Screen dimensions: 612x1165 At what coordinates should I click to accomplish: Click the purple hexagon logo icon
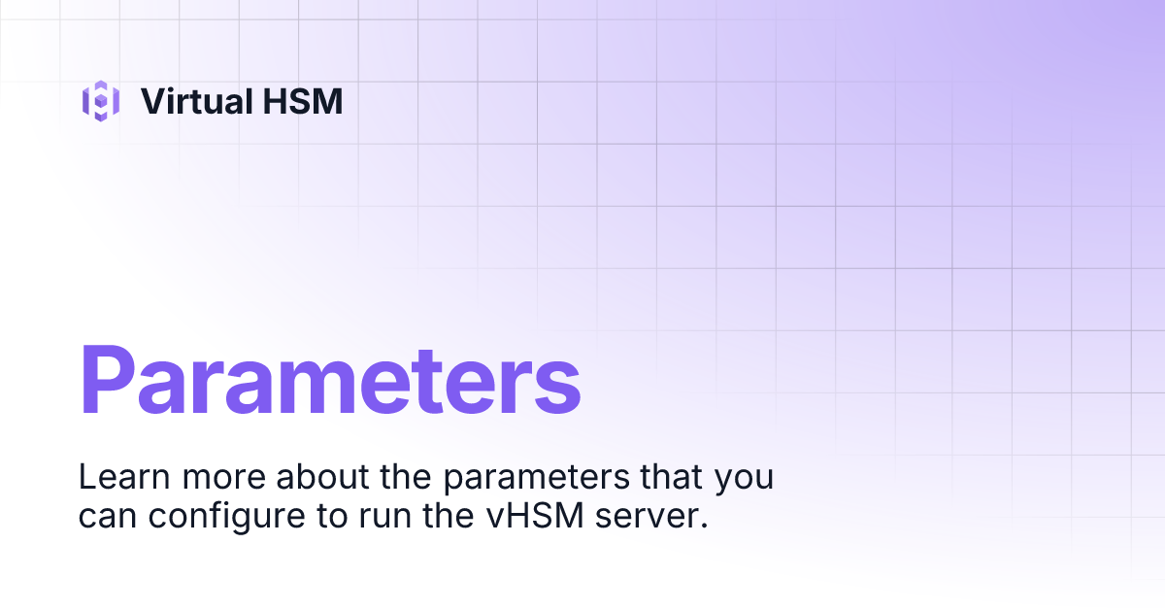[x=100, y=101]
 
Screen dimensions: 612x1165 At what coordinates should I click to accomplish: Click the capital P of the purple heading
[x=109, y=381]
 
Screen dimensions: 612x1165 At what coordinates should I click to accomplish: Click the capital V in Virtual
[x=150, y=101]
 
